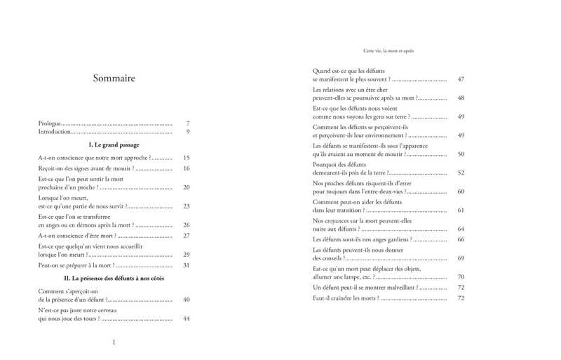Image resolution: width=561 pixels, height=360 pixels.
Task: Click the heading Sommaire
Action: tap(114, 78)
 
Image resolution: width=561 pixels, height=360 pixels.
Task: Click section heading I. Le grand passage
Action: tap(114, 145)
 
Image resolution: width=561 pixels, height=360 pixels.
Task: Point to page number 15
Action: tap(187, 158)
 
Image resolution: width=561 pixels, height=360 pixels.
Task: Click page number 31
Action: tap(187, 265)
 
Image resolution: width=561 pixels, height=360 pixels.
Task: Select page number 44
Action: tap(187, 319)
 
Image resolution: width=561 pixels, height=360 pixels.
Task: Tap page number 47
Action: tap(461, 79)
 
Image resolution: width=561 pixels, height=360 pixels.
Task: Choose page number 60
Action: tap(461, 191)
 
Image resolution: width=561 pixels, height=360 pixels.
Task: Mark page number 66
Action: tap(461, 239)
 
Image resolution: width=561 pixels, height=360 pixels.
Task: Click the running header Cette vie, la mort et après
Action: tap(388, 51)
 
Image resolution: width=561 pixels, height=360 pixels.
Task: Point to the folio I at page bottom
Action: tap(114, 342)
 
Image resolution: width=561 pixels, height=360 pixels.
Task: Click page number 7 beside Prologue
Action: tap(188, 123)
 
